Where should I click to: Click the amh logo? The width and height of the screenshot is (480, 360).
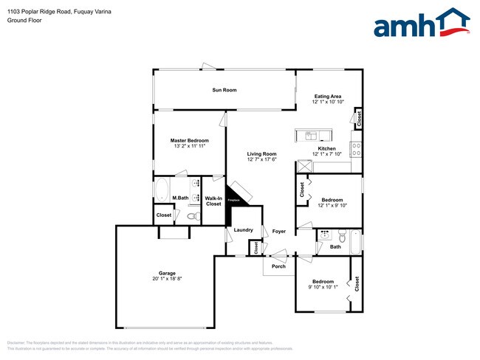[x=422, y=24]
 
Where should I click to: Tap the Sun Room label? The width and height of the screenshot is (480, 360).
[x=224, y=90]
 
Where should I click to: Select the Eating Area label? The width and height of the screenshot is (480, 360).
[x=327, y=97]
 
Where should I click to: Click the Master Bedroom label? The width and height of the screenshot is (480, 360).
[x=189, y=140]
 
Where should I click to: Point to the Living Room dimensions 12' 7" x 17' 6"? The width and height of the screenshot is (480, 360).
[x=261, y=159]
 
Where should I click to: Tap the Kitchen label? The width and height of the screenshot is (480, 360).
[x=326, y=148]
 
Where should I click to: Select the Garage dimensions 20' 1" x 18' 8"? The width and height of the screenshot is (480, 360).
[x=167, y=279]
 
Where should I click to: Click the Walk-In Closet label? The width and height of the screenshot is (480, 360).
[x=213, y=201]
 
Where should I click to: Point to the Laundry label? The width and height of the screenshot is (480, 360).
[x=244, y=230]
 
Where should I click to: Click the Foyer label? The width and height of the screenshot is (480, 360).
[x=278, y=231]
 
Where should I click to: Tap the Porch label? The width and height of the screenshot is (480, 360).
[x=278, y=266]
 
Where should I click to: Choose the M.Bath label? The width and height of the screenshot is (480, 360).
[x=180, y=198]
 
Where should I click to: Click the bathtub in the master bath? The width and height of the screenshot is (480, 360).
[x=162, y=190]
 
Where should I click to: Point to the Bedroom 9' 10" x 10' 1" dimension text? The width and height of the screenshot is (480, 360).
[x=322, y=288]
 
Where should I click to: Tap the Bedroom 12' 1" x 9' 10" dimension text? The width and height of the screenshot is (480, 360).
[x=332, y=206]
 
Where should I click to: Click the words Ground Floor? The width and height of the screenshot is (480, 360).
[x=24, y=21]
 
